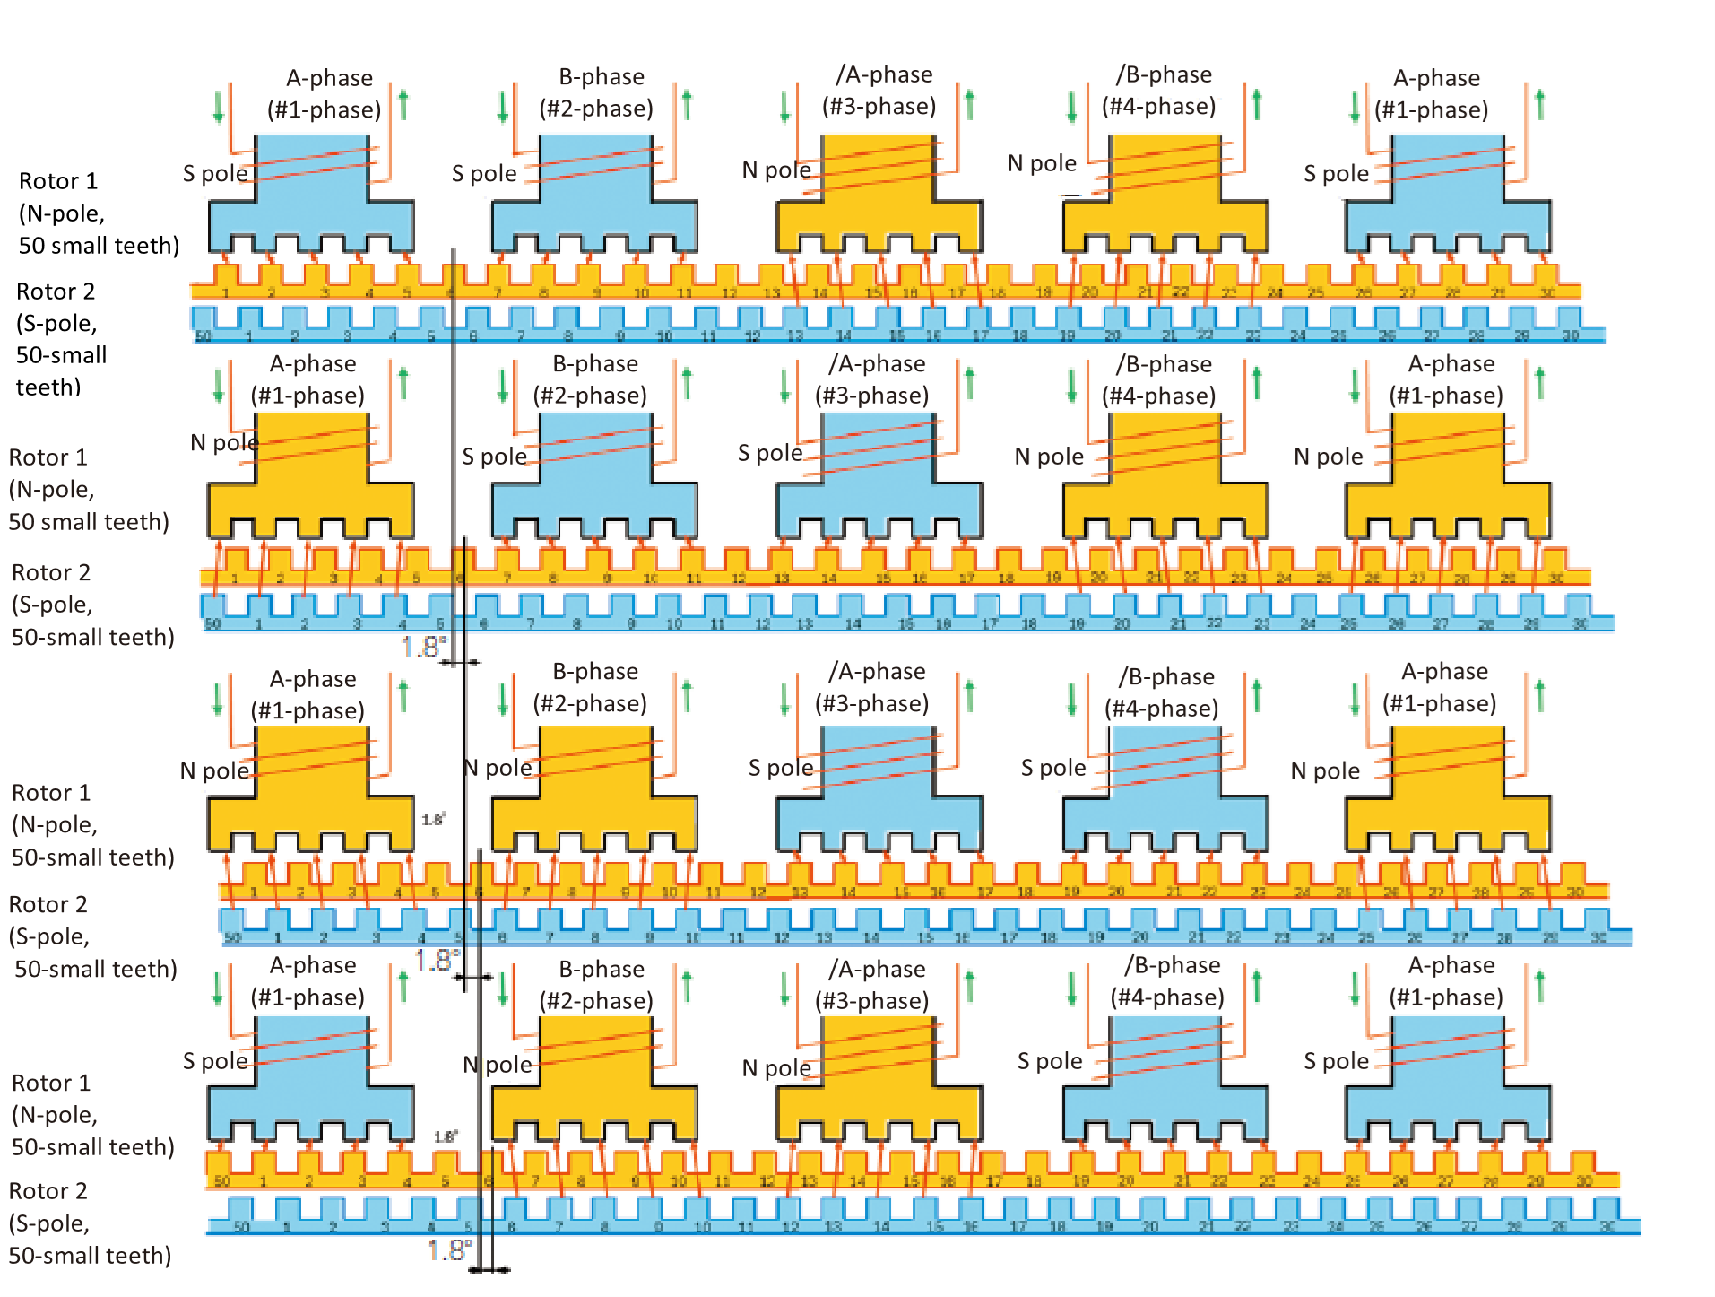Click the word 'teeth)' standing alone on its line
(x=48, y=387)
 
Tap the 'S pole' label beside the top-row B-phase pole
(x=484, y=174)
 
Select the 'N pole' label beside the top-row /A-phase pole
(x=776, y=170)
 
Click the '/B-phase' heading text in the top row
(x=1164, y=74)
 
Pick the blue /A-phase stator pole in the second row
(x=879, y=475)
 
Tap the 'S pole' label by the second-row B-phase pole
(x=494, y=457)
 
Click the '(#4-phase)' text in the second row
(x=1158, y=396)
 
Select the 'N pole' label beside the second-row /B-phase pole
(x=1049, y=457)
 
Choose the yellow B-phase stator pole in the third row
(x=594, y=789)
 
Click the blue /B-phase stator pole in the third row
(x=1165, y=789)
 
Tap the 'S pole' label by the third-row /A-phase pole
(x=781, y=768)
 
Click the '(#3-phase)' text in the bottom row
(x=871, y=1001)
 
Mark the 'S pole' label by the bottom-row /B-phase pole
(x=1050, y=1062)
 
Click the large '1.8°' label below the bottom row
(x=449, y=1249)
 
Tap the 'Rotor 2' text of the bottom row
(x=48, y=1191)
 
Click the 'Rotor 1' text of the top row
(x=58, y=181)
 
